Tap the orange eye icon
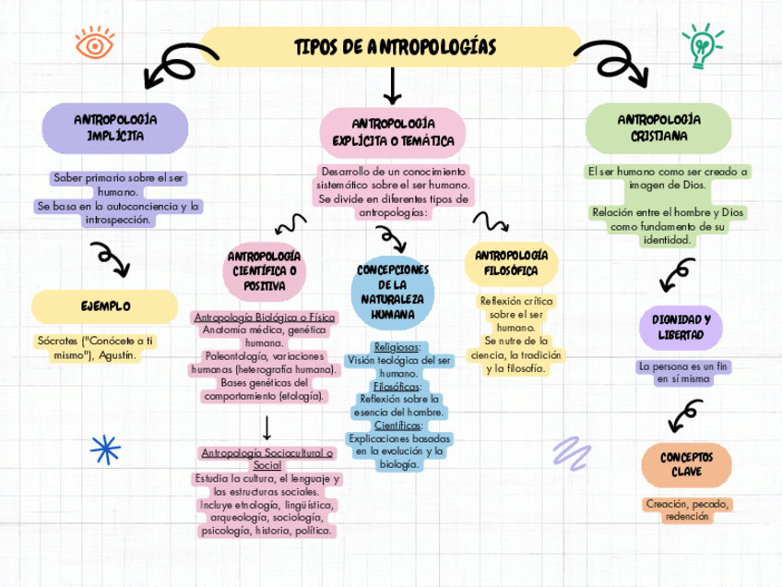pyautogui.click(x=92, y=44)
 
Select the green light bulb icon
pyautogui.click(x=701, y=46)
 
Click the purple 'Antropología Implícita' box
pyautogui.click(x=115, y=127)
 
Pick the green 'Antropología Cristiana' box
pyautogui.click(x=658, y=127)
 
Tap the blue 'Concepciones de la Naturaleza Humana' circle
pyautogui.click(x=393, y=292)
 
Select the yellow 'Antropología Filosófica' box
pyautogui.click(x=510, y=262)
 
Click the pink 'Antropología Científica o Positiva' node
pyautogui.click(x=264, y=270)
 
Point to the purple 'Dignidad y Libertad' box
pyautogui.click(x=681, y=327)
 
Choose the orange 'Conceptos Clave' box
pyautogui.click(x=686, y=465)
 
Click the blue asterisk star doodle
pyautogui.click(x=105, y=449)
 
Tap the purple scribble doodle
pyautogui.click(x=572, y=450)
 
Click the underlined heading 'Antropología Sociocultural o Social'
pyautogui.click(x=267, y=460)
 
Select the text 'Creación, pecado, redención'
pyautogui.click(x=688, y=510)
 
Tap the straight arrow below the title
pyautogui.click(x=393, y=87)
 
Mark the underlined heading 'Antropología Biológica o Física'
pyautogui.click(x=264, y=317)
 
